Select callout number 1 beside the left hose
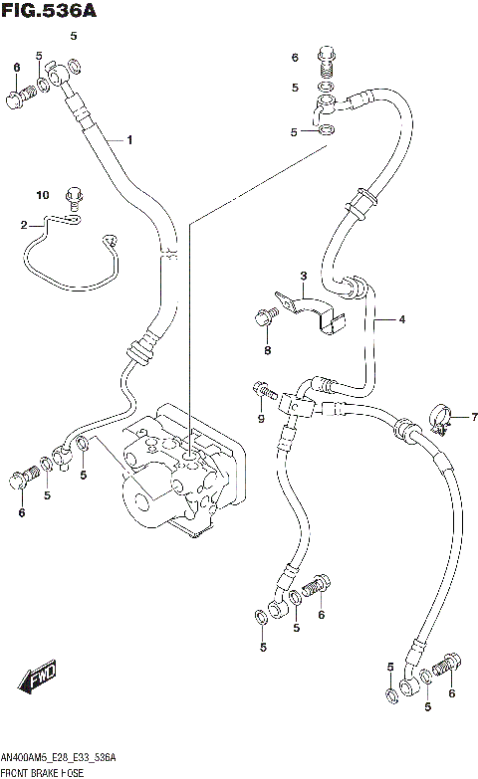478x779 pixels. click(x=128, y=140)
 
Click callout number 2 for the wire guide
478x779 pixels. click(x=24, y=226)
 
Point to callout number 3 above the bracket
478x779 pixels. click(x=304, y=276)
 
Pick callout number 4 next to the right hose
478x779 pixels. click(x=402, y=319)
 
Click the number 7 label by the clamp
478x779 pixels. click(x=460, y=416)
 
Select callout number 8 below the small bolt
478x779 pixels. click(x=267, y=349)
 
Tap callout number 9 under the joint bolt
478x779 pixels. click(x=260, y=419)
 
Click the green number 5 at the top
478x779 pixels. click(x=73, y=37)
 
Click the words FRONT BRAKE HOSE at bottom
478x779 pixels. click(x=48, y=771)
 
